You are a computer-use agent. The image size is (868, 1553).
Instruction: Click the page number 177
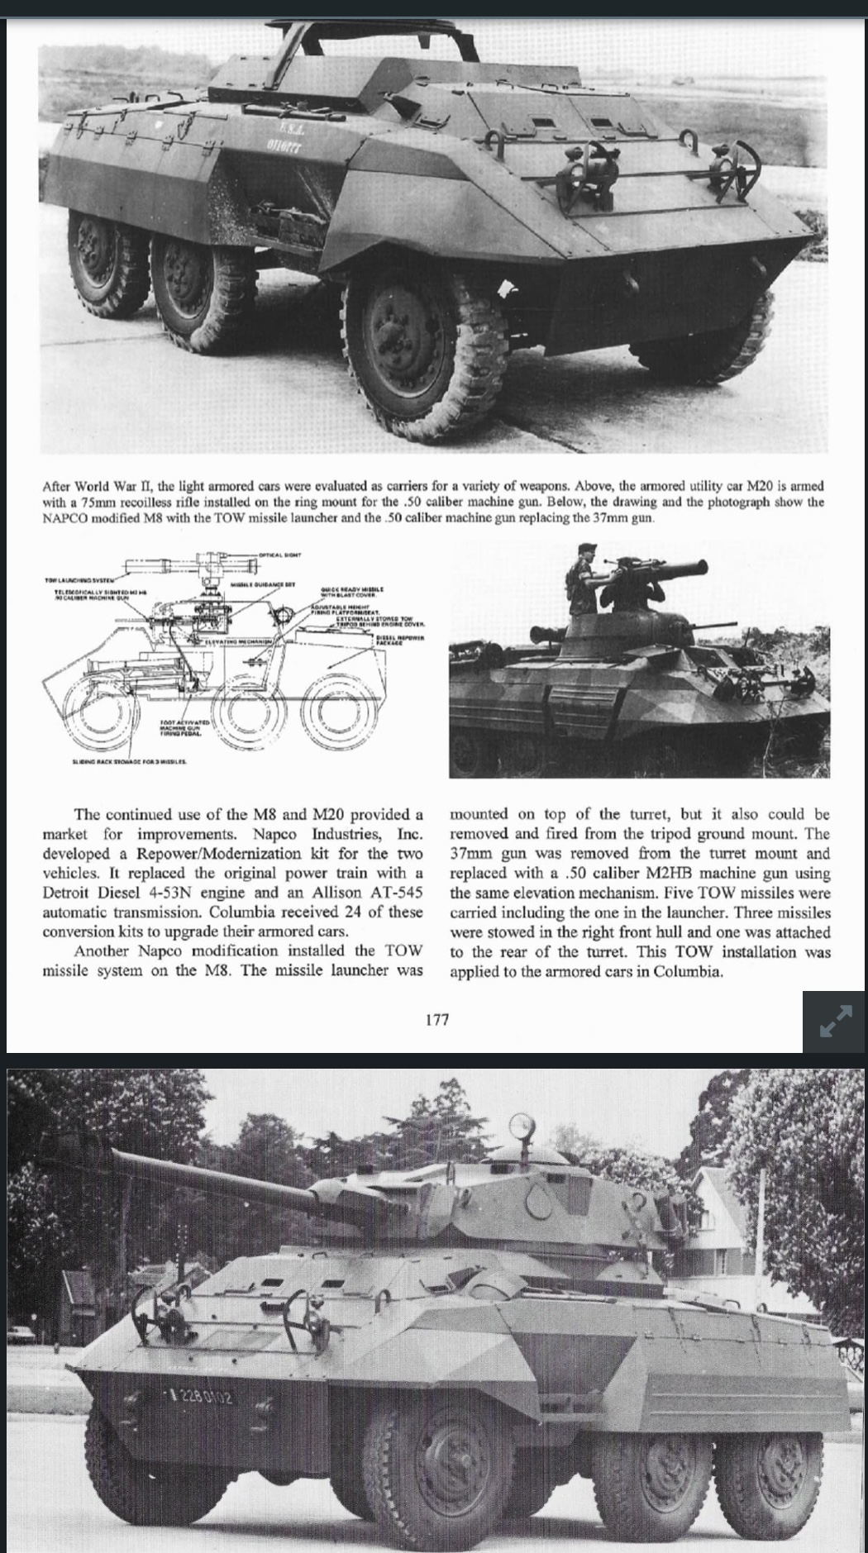tap(436, 1019)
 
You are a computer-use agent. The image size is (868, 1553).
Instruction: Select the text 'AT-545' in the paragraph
tap(394, 893)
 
